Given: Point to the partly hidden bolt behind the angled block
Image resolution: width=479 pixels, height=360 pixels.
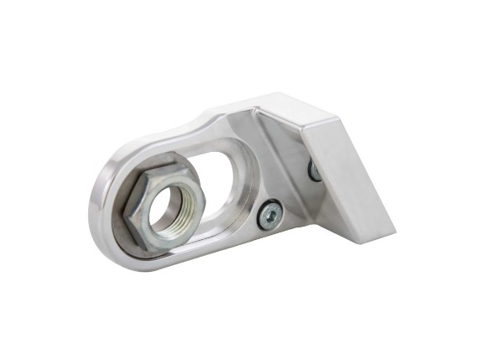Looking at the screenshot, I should tap(314, 170).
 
